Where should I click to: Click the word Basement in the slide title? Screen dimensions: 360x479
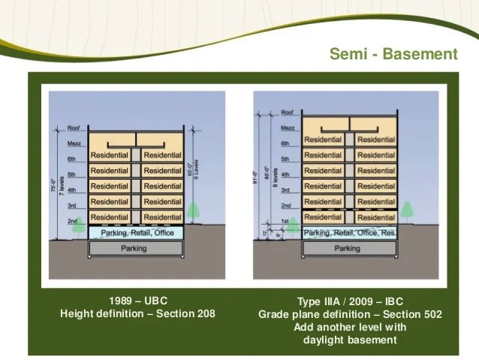tap(424, 54)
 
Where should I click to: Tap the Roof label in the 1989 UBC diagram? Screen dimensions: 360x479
tap(73, 128)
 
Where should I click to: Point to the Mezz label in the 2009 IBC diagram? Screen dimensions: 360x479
tap(286, 127)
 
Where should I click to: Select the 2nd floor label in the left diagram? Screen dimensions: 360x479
tap(72, 221)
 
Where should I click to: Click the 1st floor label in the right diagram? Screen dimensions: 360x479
tap(285, 221)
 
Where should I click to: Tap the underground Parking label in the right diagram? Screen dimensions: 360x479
tap(347, 248)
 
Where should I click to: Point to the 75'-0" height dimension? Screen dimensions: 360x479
tap(55, 186)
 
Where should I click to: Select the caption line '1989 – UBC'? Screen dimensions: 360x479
tap(137, 301)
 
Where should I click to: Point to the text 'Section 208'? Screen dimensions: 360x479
tap(185, 313)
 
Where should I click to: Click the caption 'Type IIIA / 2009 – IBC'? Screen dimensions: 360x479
tap(350, 301)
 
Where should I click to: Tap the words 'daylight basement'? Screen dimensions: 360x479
tap(350, 340)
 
